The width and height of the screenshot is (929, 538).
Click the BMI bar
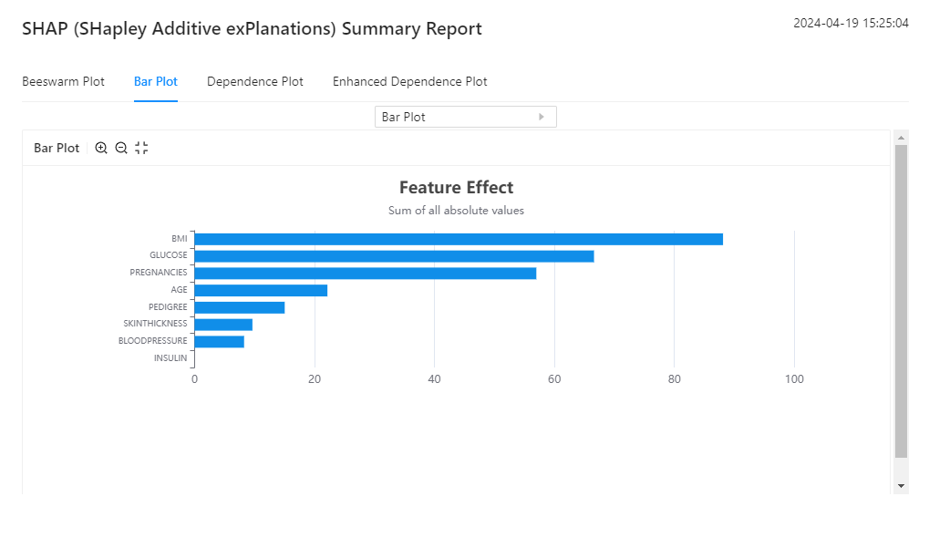pos(458,239)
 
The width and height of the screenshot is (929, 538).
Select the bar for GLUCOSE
pos(394,256)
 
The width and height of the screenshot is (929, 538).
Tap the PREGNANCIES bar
pos(365,273)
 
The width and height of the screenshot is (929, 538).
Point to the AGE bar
pos(261,290)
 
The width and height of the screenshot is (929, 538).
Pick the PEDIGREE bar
pos(239,307)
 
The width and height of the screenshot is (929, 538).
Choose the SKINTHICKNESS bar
pos(223,324)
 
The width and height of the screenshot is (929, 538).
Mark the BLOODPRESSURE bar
pos(219,341)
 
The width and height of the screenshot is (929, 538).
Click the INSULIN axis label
pos(170,358)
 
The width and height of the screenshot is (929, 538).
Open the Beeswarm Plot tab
pos(63,81)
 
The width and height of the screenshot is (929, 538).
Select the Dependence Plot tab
pos(255,81)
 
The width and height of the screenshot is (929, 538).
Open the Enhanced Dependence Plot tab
pos(409,81)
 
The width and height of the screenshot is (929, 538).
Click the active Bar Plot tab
pos(156,81)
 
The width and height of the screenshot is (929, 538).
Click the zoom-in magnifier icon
pos(101,148)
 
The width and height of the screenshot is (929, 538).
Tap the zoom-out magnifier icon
pos(121,148)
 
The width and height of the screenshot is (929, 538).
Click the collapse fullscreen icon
pos(141,148)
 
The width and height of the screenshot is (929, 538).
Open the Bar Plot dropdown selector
pos(465,117)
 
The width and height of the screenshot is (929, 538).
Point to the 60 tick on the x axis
pos(554,379)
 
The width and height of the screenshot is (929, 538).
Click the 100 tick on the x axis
pos(794,379)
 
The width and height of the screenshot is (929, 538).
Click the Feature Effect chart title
pos(456,187)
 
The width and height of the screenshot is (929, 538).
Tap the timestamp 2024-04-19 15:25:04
pos(851,24)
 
